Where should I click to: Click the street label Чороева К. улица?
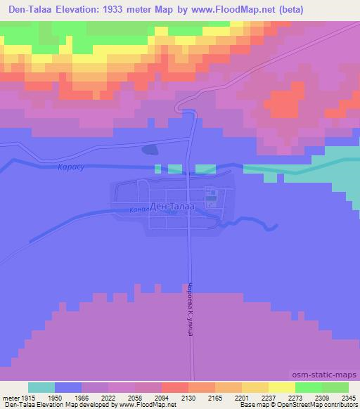(x=190, y=309)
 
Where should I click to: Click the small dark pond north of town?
(x=150, y=149)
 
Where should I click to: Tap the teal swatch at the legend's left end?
(x=41, y=387)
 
